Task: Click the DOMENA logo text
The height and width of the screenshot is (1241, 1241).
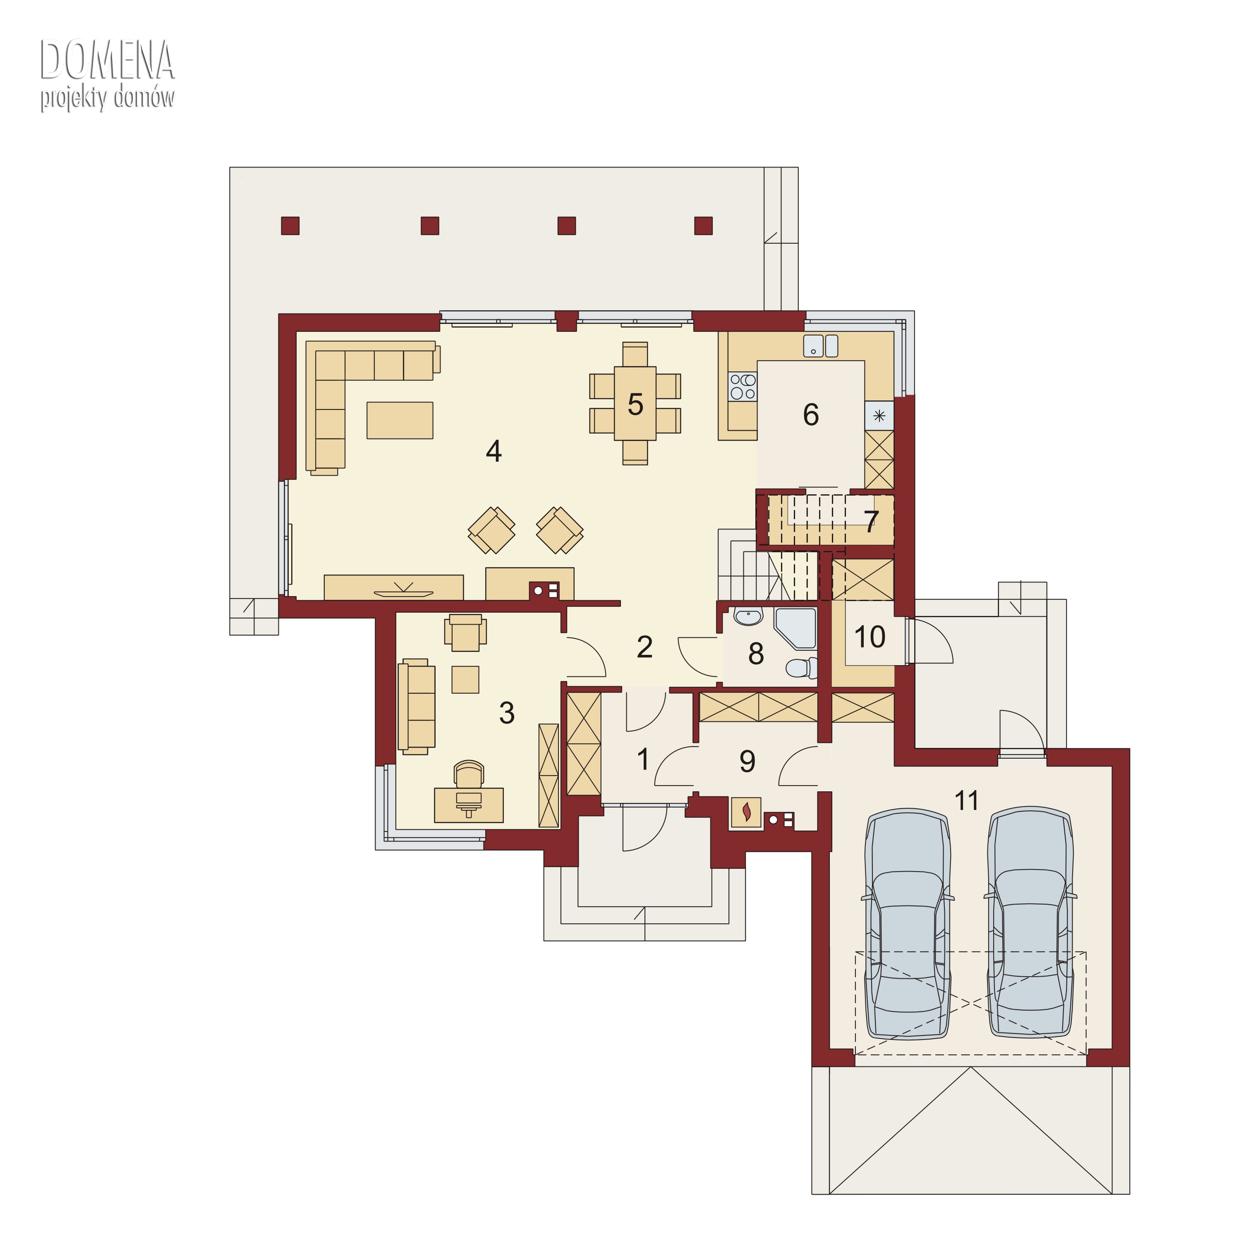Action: (107, 60)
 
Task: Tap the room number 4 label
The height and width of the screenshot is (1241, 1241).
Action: (494, 452)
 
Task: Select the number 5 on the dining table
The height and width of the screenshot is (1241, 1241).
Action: (635, 405)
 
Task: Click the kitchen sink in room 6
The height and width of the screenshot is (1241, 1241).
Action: (820, 345)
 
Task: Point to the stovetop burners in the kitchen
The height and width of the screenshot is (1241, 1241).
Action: (743, 387)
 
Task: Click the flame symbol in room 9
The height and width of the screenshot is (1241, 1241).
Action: (746, 812)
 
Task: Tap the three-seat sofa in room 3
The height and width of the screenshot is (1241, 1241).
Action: (416, 707)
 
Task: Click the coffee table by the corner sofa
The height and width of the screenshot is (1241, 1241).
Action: (400, 420)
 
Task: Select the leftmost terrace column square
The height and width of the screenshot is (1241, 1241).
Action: (290, 225)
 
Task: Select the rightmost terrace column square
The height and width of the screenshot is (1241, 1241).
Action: (703, 225)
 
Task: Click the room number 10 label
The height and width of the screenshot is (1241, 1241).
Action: (870, 637)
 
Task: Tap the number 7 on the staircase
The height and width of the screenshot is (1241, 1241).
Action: (871, 522)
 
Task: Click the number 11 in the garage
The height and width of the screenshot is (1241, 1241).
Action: (967, 800)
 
